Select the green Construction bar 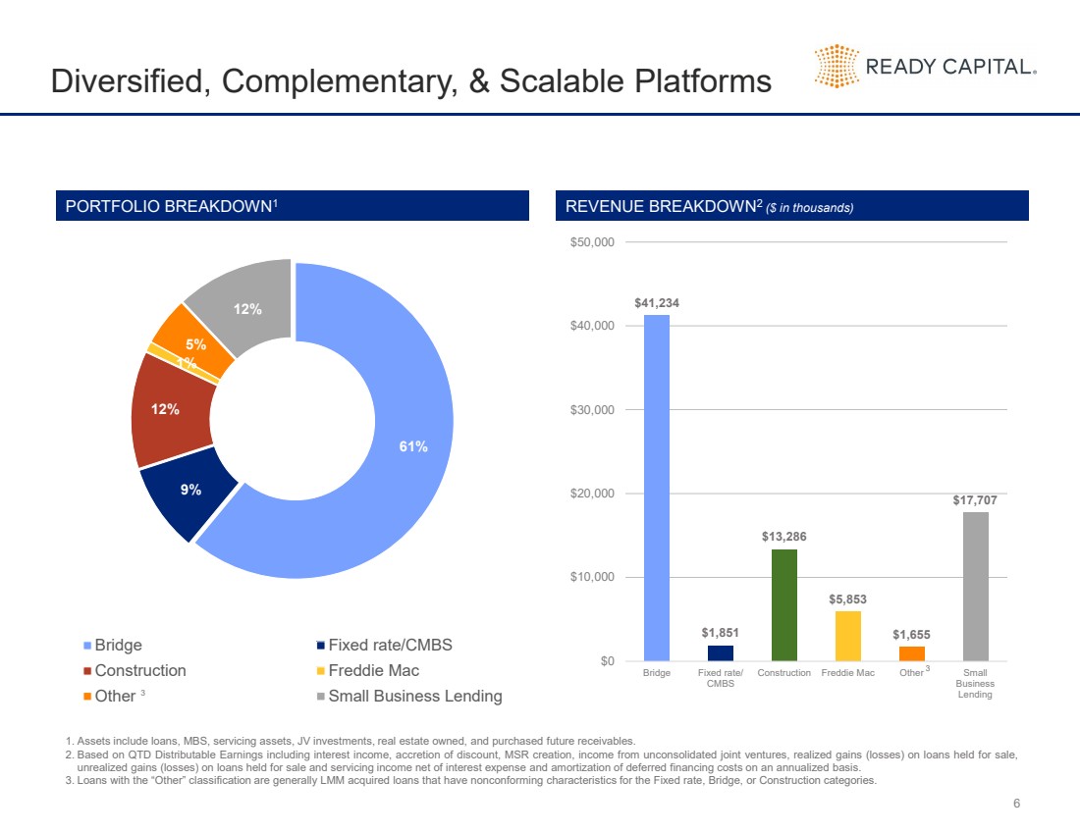[x=783, y=604]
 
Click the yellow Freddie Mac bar [x=847, y=636]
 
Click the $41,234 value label [x=656, y=303]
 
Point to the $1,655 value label [x=911, y=635]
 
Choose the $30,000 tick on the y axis [x=592, y=409]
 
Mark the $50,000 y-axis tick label [x=592, y=242]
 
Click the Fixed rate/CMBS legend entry [x=389, y=645]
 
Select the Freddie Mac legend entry [x=372, y=670]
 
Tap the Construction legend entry [x=138, y=670]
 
